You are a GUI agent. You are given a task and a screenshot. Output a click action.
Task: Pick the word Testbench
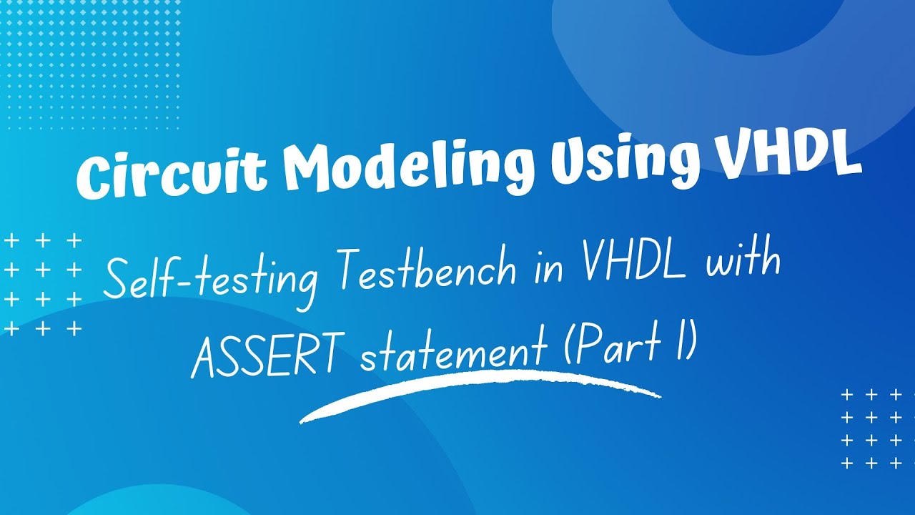[x=427, y=270]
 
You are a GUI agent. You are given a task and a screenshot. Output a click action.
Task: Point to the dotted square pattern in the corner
[x=90, y=64]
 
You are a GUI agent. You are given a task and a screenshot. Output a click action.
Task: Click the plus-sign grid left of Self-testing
[x=43, y=285]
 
